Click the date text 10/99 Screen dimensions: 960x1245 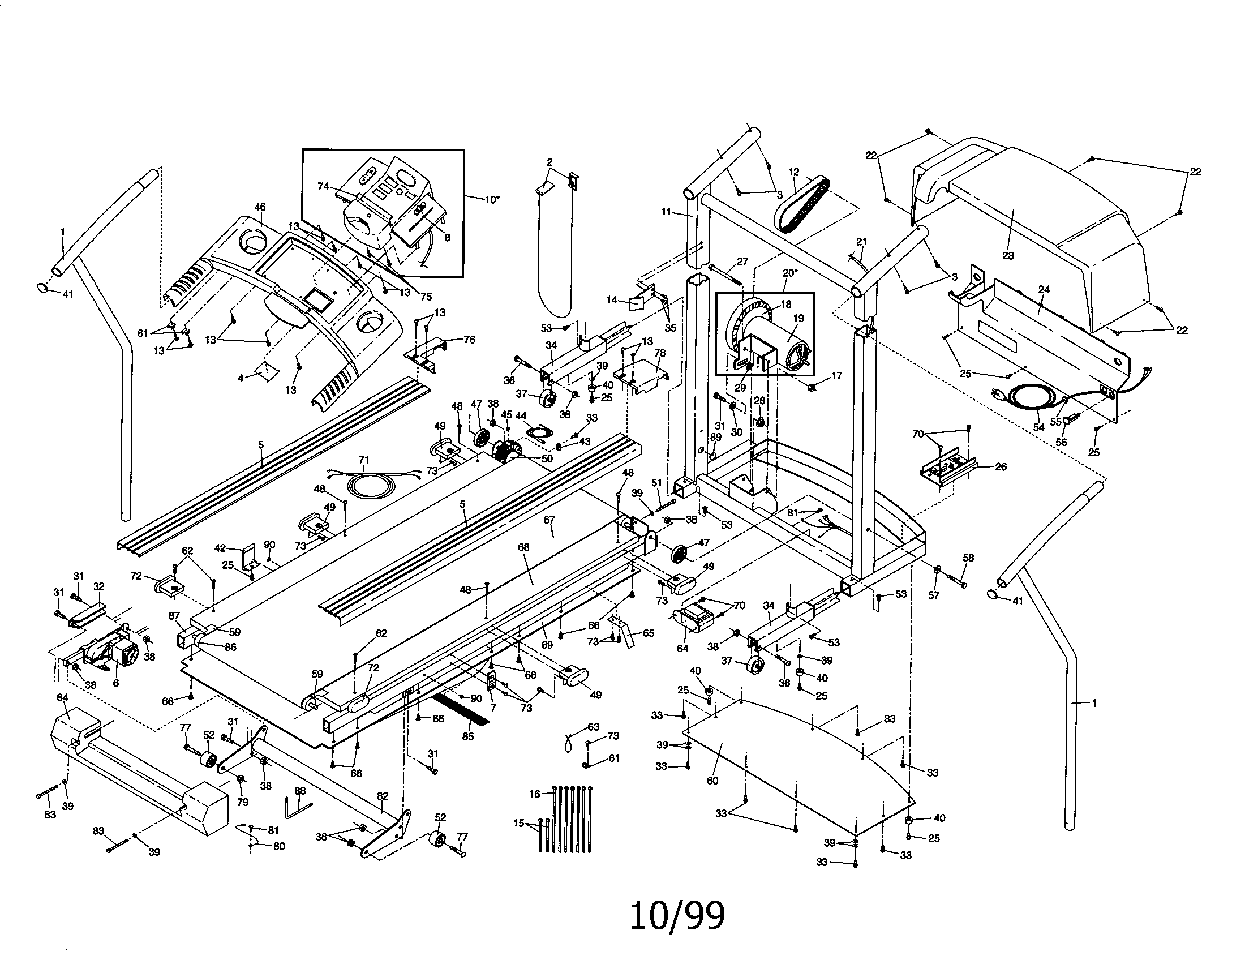[677, 916]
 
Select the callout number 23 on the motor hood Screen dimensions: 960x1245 [1008, 256]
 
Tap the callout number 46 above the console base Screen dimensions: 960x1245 [260, 207]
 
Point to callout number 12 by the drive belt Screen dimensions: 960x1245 [793, 172]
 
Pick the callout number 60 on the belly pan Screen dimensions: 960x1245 [712, 781]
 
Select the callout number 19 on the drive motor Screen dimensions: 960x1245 [798, 318]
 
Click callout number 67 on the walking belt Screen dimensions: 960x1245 [549, 520]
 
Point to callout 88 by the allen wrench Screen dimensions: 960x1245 [300, 791]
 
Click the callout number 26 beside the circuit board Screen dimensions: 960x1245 [1001, 466]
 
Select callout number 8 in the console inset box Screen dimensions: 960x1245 [447, 238]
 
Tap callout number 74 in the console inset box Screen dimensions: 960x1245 [323, 186]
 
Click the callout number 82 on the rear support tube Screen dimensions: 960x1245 [383, 796]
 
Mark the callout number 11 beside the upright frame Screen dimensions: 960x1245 [667, 212]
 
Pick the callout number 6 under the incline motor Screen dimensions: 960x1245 [115, 683]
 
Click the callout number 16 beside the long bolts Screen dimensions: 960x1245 [534, 794]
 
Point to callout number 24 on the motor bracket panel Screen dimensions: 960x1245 [1043, 289]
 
